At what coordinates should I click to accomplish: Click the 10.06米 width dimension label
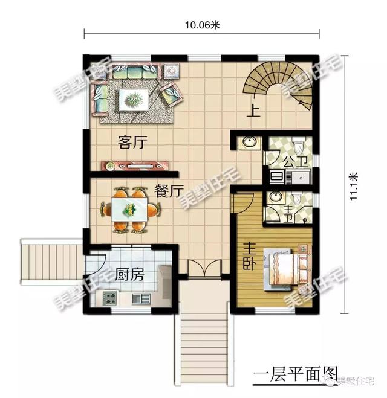(202, 25)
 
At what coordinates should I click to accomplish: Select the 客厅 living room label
(132, 142)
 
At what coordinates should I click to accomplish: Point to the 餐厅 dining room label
(169, 191)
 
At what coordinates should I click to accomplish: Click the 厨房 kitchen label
(129, 274)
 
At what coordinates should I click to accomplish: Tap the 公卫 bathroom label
(296, 162)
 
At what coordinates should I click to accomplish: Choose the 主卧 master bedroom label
(249, 255)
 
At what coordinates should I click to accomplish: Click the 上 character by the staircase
(253, 111)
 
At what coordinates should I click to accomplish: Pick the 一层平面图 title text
(295, 374)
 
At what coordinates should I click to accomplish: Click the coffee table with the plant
(134, 99)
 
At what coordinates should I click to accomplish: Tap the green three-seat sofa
(135, 71)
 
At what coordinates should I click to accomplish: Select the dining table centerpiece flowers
(129, 210)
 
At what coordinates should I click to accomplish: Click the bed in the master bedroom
(285, 269)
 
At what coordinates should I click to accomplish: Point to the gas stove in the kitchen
(109, 298)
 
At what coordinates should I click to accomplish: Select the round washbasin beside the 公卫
(249, 142)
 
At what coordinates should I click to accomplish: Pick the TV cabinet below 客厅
(135, 165)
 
